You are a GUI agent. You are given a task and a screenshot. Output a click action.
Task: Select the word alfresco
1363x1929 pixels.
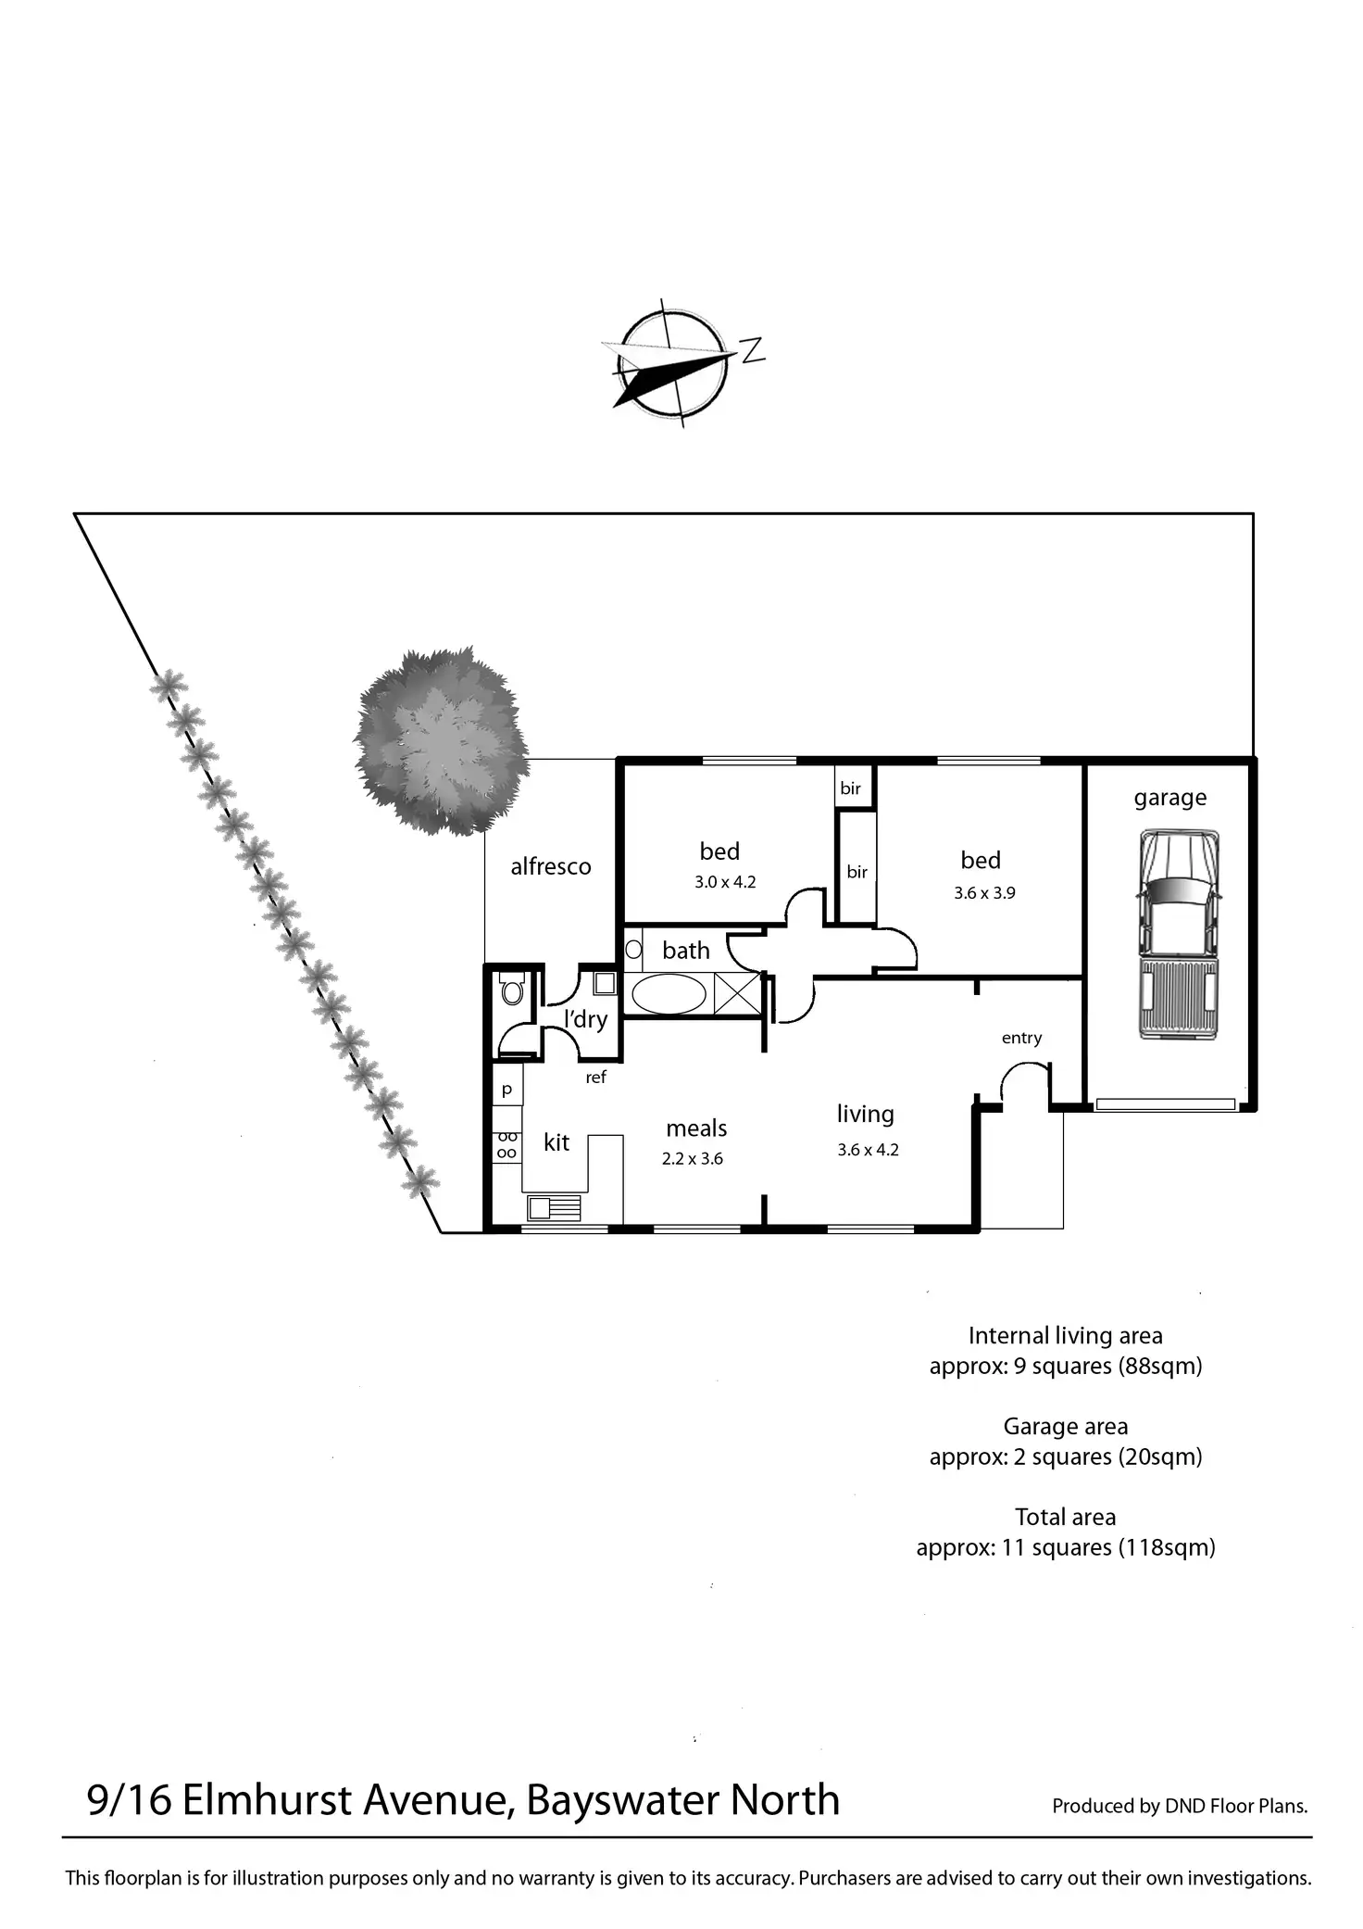(550, 866)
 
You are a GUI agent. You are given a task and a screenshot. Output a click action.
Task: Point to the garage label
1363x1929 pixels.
(1169, 798)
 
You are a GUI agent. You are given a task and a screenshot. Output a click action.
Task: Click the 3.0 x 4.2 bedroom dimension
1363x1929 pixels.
(725, 882)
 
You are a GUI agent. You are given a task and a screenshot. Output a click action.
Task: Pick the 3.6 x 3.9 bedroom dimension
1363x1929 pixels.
(984, 893)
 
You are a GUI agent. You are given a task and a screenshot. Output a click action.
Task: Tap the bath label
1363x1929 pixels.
(686, 951)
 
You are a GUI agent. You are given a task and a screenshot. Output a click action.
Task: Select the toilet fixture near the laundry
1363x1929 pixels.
(511, 991)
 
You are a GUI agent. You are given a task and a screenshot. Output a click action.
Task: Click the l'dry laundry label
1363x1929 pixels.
(585, 1019)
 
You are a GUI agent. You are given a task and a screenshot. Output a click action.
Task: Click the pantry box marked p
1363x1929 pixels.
(506, 1090)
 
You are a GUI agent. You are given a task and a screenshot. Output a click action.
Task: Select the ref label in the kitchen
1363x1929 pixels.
(595, 1077)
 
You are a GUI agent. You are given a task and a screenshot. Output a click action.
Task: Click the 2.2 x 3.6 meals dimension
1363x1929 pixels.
(693, 1158)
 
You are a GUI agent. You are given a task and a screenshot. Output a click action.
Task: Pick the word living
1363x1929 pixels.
(865, 1114)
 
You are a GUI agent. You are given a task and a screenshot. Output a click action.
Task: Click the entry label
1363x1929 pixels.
(1021, 1038)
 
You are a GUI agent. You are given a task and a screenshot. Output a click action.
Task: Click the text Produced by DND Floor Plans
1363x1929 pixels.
(1179, 1805)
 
